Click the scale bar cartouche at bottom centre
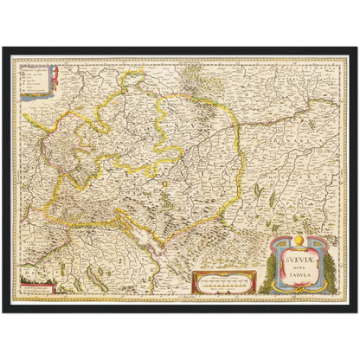222,279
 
